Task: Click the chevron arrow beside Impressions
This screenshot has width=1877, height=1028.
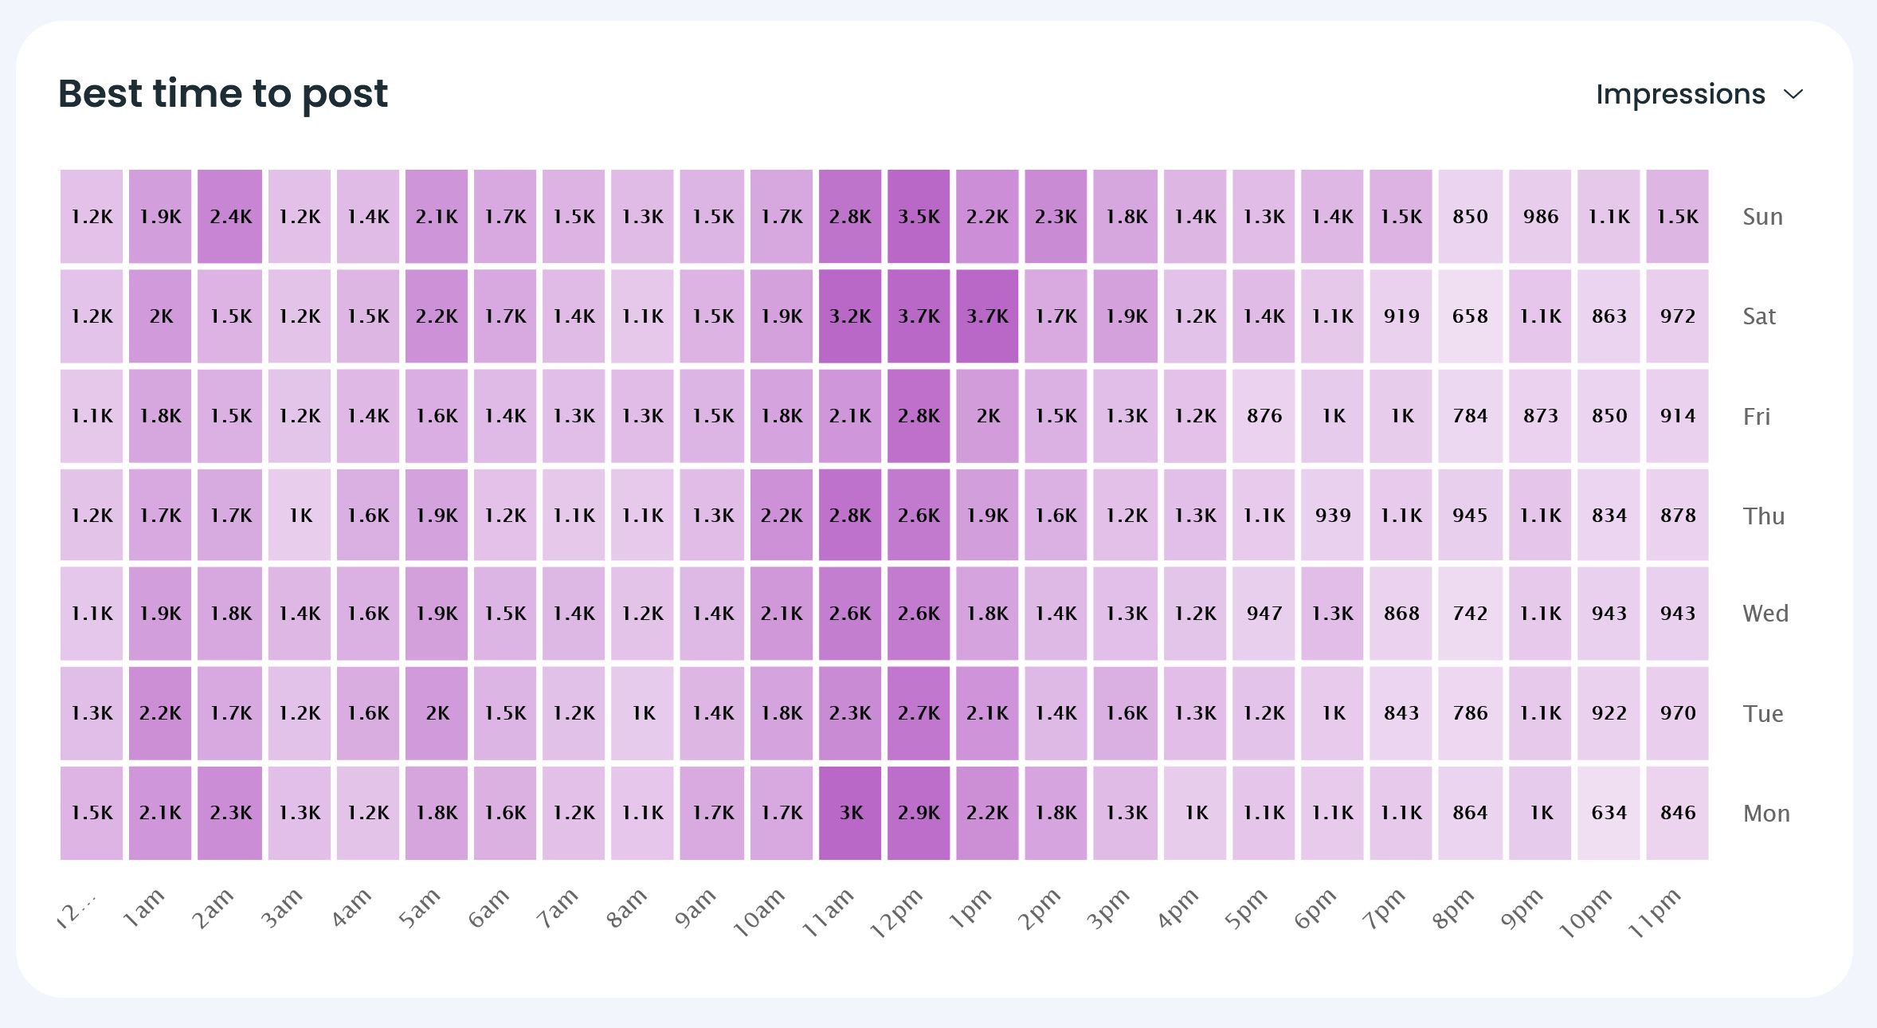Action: [1793, 95]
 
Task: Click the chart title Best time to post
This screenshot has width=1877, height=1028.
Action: [223, 94]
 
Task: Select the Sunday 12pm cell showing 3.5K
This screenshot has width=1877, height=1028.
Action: [919, 216]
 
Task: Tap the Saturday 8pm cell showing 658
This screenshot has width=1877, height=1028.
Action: [1470, 316]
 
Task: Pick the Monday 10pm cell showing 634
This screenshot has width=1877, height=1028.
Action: [1609, 813]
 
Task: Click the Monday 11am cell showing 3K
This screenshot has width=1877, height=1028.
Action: [850, 813]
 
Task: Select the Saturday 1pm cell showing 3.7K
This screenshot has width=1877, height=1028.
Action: [987, 316]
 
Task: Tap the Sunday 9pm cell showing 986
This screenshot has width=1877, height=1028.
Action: [1540, 216]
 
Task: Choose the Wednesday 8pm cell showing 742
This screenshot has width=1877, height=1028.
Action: [1470, 614]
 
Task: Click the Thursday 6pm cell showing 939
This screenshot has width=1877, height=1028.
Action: [1333, 516]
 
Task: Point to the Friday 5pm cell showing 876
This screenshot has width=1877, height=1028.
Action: [1264, 416]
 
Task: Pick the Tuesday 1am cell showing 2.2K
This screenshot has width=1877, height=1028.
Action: [160, 713]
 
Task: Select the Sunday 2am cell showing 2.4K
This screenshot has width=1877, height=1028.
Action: [230, 216]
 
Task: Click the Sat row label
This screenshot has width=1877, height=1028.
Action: [1759, 316]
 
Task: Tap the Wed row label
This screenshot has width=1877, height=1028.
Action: [1765, 614]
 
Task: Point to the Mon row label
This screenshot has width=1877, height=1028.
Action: [1766, 814]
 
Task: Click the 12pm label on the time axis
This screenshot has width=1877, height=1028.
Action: [897, 912]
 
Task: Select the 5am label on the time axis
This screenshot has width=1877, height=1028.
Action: [421, 908]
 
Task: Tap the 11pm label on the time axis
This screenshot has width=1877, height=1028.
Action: [1656, 912]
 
